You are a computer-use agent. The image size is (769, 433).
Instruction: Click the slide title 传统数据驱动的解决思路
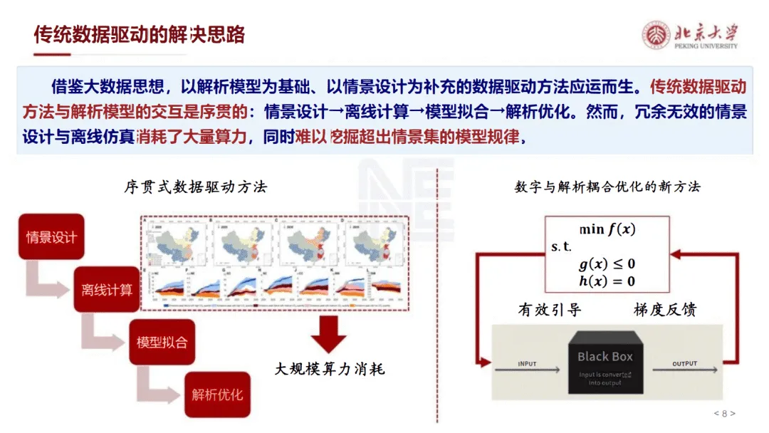pyautogui.click(x=140, y=34)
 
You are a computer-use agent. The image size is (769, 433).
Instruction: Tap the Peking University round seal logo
pyautogui.click(x=656, y=35)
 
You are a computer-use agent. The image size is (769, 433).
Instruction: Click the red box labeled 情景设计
pyautogui.click(x=51, y=236)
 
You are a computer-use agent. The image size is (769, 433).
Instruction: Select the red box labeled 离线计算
pyautogui.click(x=107, y=290)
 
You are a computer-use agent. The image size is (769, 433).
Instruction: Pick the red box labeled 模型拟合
pyautogui.click(x=162, y=342)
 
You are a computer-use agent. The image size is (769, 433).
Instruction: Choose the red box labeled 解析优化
pyautogui.click(x=217, y=394)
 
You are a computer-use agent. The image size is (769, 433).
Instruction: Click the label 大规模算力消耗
pyautogui.click(x=330, y=369)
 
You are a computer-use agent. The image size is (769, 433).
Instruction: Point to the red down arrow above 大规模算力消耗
pyautogui.click(x=329, y=334)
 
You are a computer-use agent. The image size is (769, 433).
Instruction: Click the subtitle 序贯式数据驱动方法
pyautogui.click(x=195, y=187)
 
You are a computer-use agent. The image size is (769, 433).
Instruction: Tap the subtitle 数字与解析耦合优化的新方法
pyautogui.click(x=607, y=187)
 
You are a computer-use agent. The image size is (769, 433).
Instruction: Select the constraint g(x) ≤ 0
pyautogui.click(x=607, y=264)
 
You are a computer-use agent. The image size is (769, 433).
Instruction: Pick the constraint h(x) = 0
pyautogui.click(x=607, y=281)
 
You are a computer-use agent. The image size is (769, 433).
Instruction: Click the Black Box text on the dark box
pyautogui.click(x=605, y=356)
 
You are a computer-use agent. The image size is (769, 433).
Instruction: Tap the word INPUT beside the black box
pyautogui.click(x=528, y=364)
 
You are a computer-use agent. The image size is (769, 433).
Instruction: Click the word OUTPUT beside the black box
pyautogui.click(x=684, y=364)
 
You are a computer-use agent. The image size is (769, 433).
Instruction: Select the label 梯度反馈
pyautogui.click(x=664, y=310)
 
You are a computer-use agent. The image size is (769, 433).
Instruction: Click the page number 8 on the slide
pyautogui.click(x=724, y=414)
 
